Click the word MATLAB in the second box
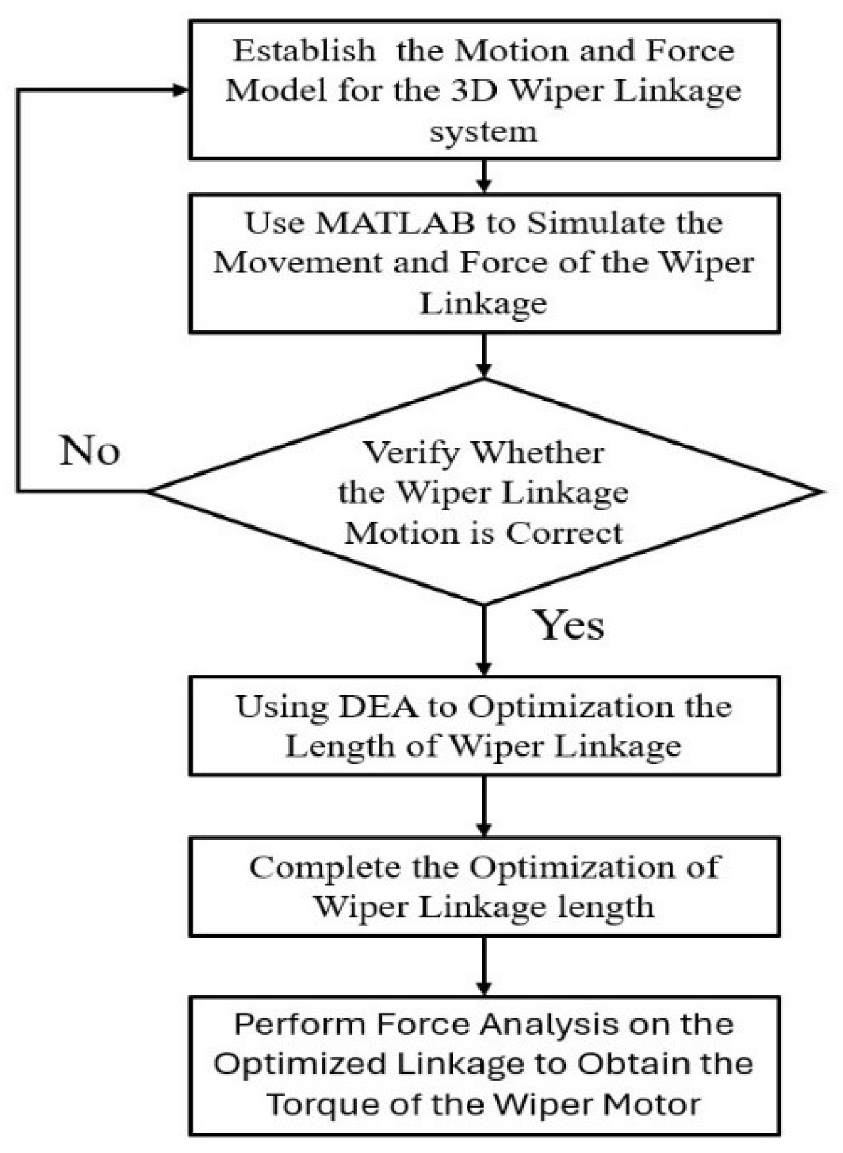pyautogui.click(x=396, y=223)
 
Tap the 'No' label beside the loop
pyautogui.click(x=90, y=451)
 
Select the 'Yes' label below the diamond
pyautogui.click(x=569, y=624)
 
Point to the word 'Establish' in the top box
pyautogui.click(x=304, y=51)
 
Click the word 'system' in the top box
pyautogui.click(x=484, y=132)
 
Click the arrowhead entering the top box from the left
pyautogui.click(x=180, y=91)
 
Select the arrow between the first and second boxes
pyautogui.click(x=484, y=177)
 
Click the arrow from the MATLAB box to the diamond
pyautogui.click(x=484, y=355)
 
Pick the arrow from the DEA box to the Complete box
pyautogui.click(x=484, y=806)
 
